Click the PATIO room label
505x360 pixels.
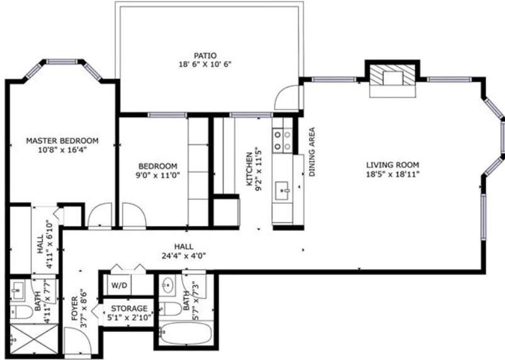(205, 56)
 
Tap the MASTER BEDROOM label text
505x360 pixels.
(62, 141)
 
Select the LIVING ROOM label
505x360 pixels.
(392, 165)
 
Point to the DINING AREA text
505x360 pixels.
(312, 152)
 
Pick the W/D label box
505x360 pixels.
(119, 285)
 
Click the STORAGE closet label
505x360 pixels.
(129, 309)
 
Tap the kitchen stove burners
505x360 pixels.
(282, 140)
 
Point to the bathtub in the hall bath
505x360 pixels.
(186, 334)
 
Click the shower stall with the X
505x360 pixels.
(34, 339)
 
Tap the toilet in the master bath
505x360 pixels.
(21, 312)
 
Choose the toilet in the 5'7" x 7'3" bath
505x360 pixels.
(171, 309)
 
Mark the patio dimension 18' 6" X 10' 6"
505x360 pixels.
(205, 64)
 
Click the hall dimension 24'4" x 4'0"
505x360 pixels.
(184, 256)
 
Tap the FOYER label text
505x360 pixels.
(75, 308)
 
